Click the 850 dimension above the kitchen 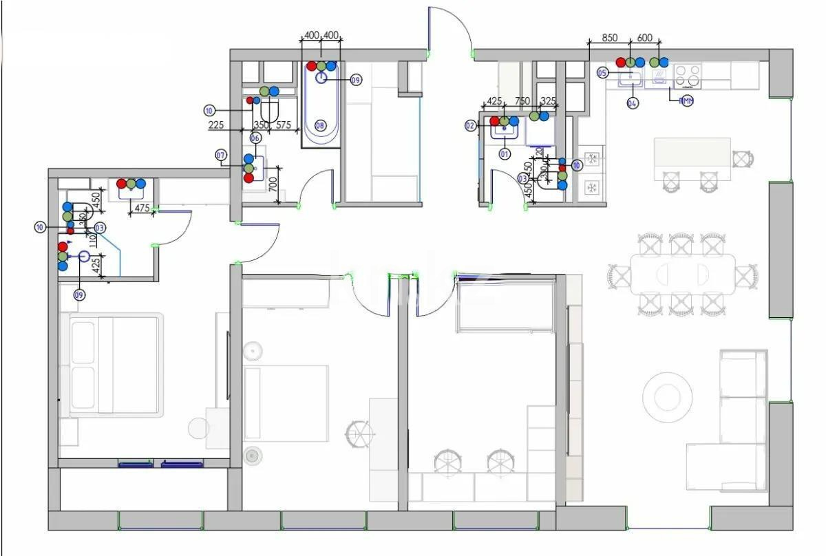tap(609, 39)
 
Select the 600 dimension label tap(645, 39)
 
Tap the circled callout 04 tap(632, 103)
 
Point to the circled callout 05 tap(602, 72)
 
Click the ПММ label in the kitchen tap(686, 101)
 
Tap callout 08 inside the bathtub tap(320, 125)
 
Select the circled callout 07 tap(221, 156)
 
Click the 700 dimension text tap(273, 184)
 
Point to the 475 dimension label tap(142, 208)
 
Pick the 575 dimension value tap(284, 125)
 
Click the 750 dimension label tap(522, 101)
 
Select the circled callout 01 tap(505, 154)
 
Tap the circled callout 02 tap(470, 125)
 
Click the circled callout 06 tap(255, 138)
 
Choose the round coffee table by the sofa tap(667, 397)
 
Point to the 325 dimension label tap(548, 101)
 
